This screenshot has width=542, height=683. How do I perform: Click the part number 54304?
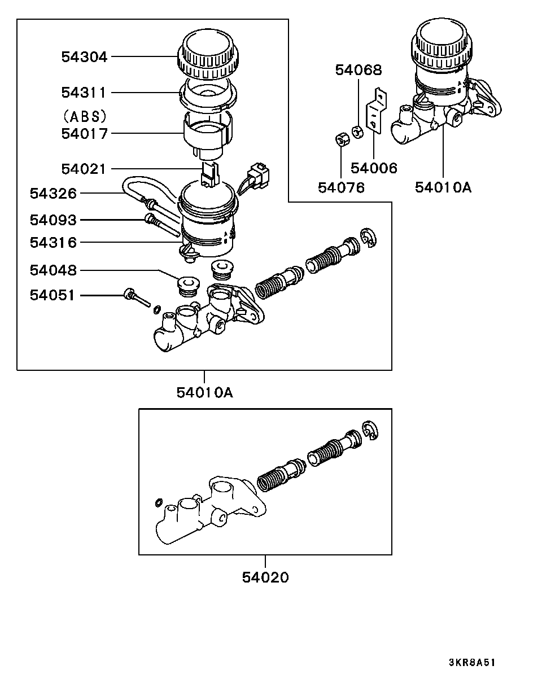(x=85, y=57)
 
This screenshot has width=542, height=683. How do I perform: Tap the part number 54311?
(x=84, y=93)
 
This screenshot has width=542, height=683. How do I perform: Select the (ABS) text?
(x=85, y=117)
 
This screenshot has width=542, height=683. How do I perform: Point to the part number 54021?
(x=83, y=169)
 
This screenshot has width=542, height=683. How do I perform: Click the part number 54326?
(x=53, y=193)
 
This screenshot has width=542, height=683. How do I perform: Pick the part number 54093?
(x=53, y=220)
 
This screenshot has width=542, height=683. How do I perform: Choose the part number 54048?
(x=53, y=270)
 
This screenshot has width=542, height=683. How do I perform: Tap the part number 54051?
(x=53, y=295)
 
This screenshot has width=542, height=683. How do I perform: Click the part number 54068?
(x=359, y=70)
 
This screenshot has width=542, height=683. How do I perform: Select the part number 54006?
(x=374, y=168)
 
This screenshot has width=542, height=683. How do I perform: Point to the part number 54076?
(x=342, y=187)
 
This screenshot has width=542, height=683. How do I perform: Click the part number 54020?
(x=265, y=577)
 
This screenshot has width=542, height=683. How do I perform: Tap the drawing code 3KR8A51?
(x=472, y=663)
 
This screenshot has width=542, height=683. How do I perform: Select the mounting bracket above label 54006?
(x=377, y=110)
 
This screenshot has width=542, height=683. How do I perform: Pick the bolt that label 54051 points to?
(x=137, y=297)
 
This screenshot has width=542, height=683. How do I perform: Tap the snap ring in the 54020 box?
(x=370, y=430)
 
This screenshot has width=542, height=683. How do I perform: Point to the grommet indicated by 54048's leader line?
(x=188, y=286)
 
